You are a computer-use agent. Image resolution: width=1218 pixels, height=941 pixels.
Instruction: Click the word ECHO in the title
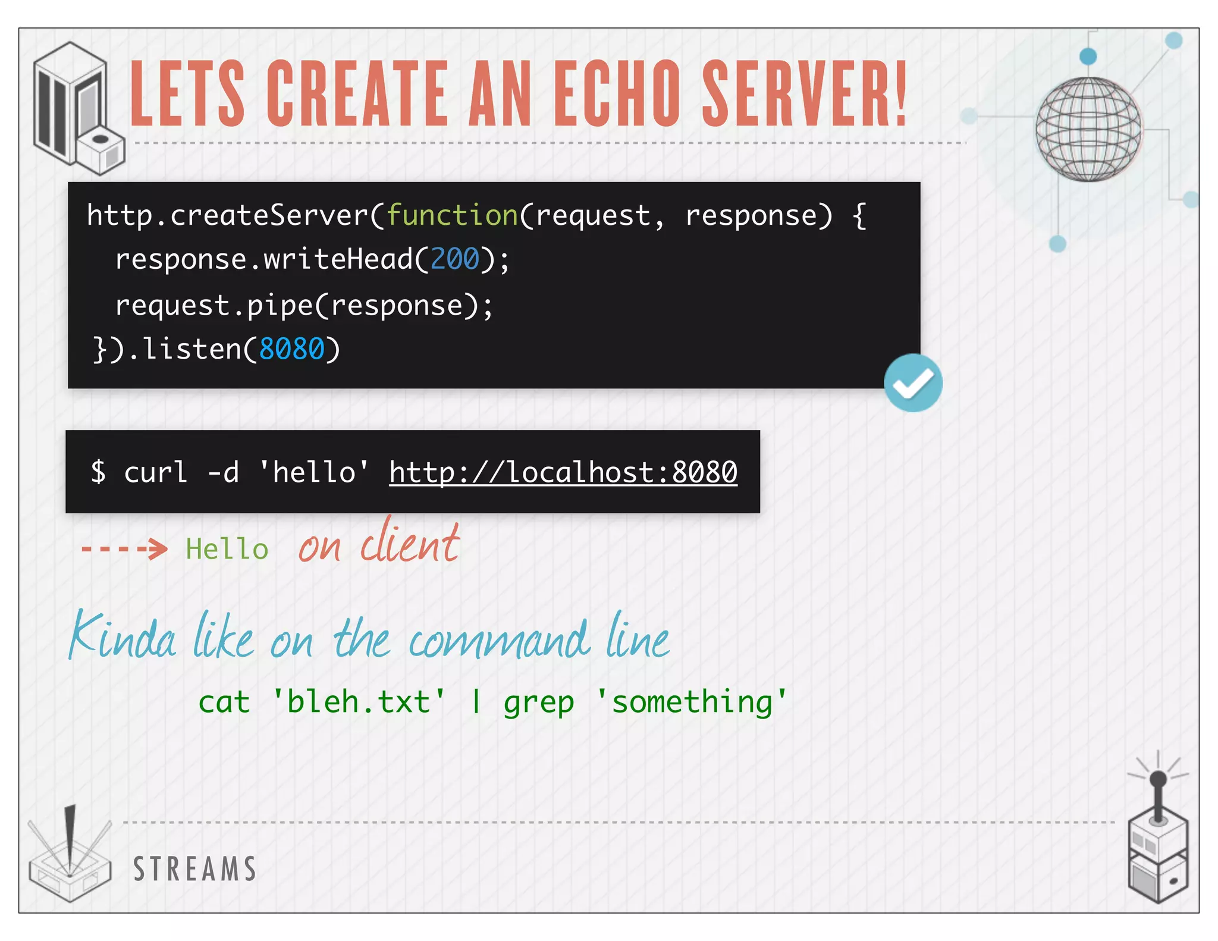[617, 94]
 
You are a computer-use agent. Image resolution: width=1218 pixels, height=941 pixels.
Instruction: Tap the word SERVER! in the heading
[804, 94]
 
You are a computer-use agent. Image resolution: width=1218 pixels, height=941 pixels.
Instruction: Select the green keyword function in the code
[453, 215]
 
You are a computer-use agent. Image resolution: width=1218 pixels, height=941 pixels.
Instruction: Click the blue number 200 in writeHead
[454, 259]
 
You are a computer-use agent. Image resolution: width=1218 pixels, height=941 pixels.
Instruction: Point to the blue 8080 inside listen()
[292, 349]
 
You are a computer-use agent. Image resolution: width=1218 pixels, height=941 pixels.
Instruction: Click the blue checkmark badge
[913, 383]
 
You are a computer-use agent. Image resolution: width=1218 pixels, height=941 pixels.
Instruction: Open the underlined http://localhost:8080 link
[563, 472]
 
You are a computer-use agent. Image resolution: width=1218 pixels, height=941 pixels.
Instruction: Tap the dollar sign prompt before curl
[99, 472]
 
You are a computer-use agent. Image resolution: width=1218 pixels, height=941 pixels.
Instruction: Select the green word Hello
[227, 549]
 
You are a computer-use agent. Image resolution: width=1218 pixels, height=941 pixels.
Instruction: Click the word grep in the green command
[539, 702]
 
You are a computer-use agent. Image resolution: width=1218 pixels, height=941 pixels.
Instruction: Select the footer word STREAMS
[194, 869]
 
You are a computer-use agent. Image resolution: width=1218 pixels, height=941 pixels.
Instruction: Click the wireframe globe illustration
[1088, 129]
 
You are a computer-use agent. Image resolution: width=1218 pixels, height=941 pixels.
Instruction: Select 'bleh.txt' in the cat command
[359, 702]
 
